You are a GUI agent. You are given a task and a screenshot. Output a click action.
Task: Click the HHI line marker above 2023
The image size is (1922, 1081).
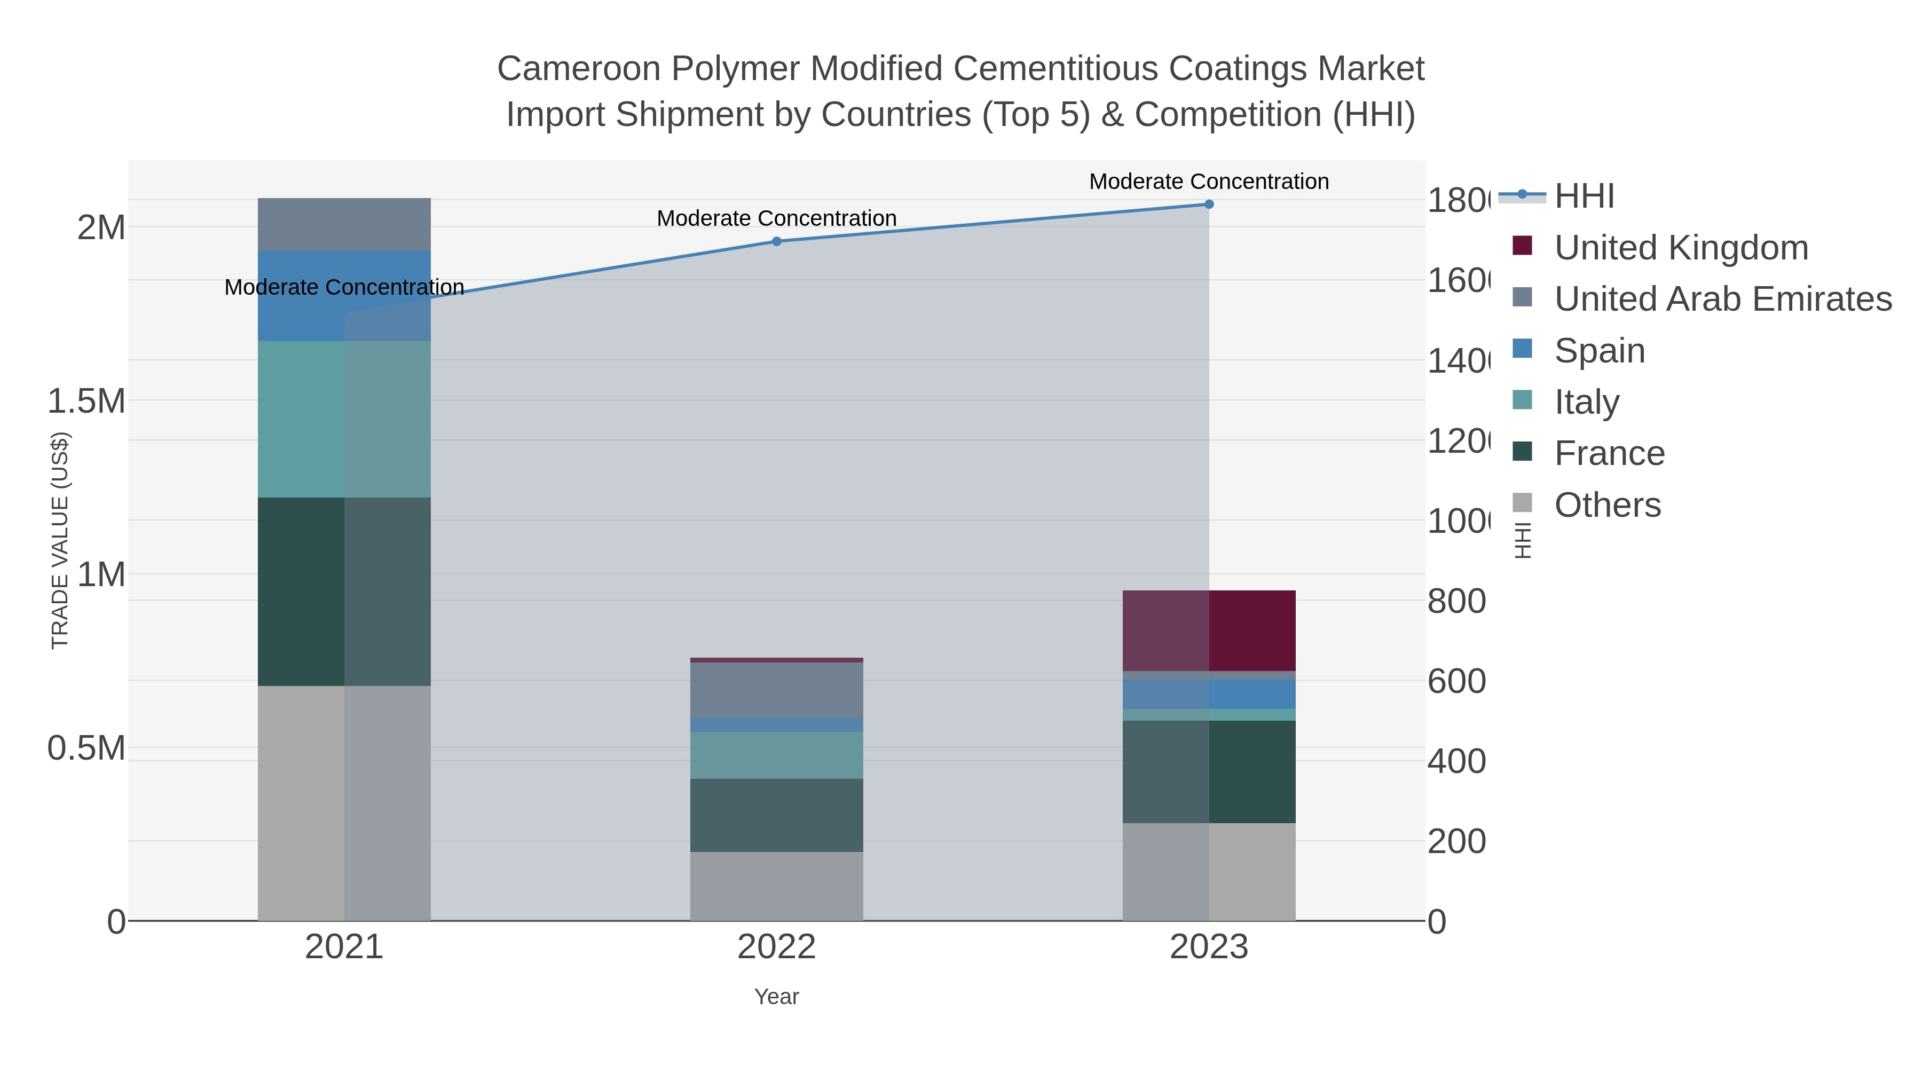[x=1209, y=204]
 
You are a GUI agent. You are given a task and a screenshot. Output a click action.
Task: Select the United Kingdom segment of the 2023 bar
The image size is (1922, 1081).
[x=1209, y=631]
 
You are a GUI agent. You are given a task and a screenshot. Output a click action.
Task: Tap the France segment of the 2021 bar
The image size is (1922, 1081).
[x=344, y=591]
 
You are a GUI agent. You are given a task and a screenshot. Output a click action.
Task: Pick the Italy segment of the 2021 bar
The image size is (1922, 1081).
[x=344, y=419]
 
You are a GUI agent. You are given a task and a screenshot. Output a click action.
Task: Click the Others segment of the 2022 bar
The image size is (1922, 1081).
[x=776, y=886]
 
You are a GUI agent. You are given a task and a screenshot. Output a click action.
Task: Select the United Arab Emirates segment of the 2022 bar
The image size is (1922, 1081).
[x=776, y=690]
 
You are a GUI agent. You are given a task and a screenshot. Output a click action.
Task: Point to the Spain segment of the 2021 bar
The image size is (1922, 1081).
[x=344, y=297]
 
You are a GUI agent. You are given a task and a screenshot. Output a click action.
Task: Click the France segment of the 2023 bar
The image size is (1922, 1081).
[x=1209, y=772]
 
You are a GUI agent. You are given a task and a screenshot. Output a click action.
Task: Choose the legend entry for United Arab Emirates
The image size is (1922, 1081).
[x=1722, y=299]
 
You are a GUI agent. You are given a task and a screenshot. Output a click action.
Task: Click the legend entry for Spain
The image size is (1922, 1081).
[x=1599, y=351]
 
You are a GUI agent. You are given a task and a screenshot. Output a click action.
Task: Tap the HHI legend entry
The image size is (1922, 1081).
[x=1584, y=196]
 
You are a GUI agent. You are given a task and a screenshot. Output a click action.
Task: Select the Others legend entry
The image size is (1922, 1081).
[x=1606, y=505]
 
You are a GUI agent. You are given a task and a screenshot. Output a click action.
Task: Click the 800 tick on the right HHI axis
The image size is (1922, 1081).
[x=1456, y=601]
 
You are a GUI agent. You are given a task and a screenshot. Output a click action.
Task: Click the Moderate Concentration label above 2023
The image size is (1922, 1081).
[x=1209, y=182]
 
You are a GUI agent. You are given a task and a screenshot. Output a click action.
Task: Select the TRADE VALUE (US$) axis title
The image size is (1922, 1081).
[x=60, y=540]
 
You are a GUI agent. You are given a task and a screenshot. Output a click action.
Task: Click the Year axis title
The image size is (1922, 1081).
[x=776, y=997]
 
